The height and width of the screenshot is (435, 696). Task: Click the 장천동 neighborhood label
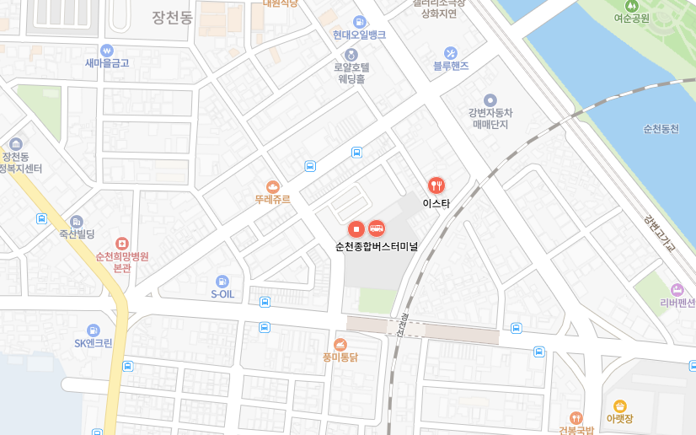point(173,16)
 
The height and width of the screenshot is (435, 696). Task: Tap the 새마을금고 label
point(107,62)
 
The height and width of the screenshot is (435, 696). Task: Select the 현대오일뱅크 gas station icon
point(360,22)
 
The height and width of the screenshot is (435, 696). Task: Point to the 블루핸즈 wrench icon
point(451,52)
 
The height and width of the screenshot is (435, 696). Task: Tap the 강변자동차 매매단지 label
point(490,118)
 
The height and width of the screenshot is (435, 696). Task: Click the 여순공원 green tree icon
point(632,5)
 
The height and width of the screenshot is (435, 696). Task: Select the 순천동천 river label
point(661,129)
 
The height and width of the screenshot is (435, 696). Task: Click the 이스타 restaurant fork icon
point(436,185)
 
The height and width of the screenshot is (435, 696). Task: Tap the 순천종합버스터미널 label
point(377,246)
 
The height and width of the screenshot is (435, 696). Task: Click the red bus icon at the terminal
point(377,228)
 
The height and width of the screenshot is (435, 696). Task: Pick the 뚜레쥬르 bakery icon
point(272,186)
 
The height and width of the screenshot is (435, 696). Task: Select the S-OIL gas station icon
point(222,281)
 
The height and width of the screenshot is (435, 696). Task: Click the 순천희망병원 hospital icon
point(122,243)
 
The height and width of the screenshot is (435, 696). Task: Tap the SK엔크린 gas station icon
point(93,330)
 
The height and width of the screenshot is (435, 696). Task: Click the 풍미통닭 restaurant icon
point(340,344)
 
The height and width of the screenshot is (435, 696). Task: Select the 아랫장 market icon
point(620,405)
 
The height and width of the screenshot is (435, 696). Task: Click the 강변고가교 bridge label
point(659,232)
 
